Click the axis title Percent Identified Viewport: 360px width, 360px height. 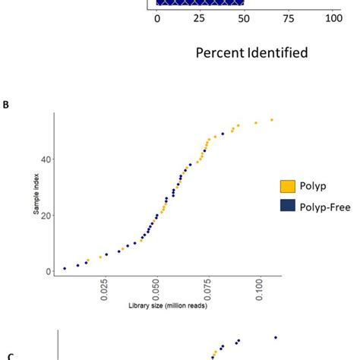click(251, 53)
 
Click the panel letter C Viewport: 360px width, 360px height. click(10, 355)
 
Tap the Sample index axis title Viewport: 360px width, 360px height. click(35, 196)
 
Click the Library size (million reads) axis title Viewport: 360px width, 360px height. click(167, 306)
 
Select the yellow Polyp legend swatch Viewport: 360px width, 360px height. click(289, 186)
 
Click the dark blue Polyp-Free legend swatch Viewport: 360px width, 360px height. click(289, 207)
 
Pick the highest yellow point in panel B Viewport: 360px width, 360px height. click(272, 119)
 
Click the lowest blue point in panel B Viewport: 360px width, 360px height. click(65, 268)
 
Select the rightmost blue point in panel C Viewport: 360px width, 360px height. click(276, 337)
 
